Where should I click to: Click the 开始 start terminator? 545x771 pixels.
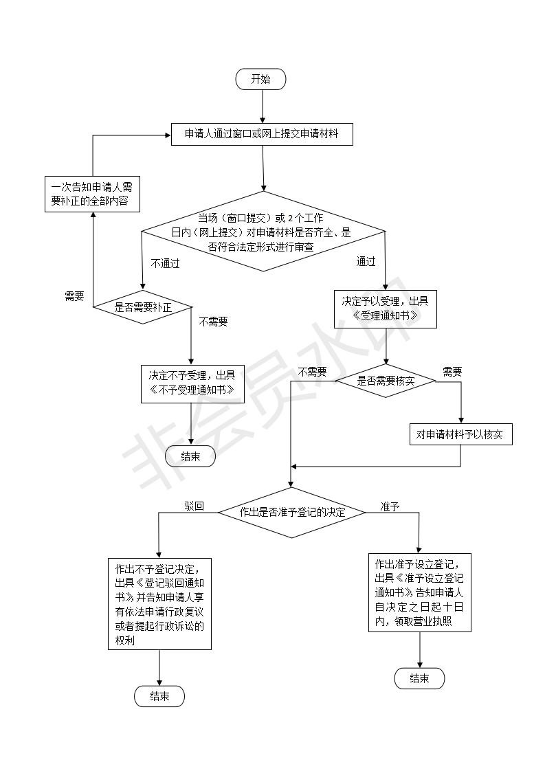pos(260,79)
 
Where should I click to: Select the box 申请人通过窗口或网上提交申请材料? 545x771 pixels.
pos(262,134)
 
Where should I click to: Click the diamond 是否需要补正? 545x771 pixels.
pos(142,308)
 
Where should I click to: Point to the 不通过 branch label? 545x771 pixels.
pos(165,263)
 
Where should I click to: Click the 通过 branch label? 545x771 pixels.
pos(366,262)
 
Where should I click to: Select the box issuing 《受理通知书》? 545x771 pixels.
pos(385,309)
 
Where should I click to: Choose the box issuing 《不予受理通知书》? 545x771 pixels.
pos(192,383)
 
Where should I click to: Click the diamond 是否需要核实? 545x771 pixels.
pos(385,380)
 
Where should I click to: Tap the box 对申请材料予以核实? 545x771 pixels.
pos(460,435)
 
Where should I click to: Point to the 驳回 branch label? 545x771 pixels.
pos(194,506)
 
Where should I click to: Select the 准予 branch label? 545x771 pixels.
pos(390,506)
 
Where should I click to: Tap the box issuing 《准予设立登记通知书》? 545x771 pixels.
pos(419,592)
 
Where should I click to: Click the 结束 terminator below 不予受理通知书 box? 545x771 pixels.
pos(190,456)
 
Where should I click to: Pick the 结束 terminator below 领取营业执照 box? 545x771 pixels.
pos(419,678)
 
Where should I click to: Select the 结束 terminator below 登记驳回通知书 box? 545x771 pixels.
pos(159,696)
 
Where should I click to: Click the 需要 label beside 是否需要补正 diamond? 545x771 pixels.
pos(74,296)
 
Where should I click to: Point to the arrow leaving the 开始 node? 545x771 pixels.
pos(262,107)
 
